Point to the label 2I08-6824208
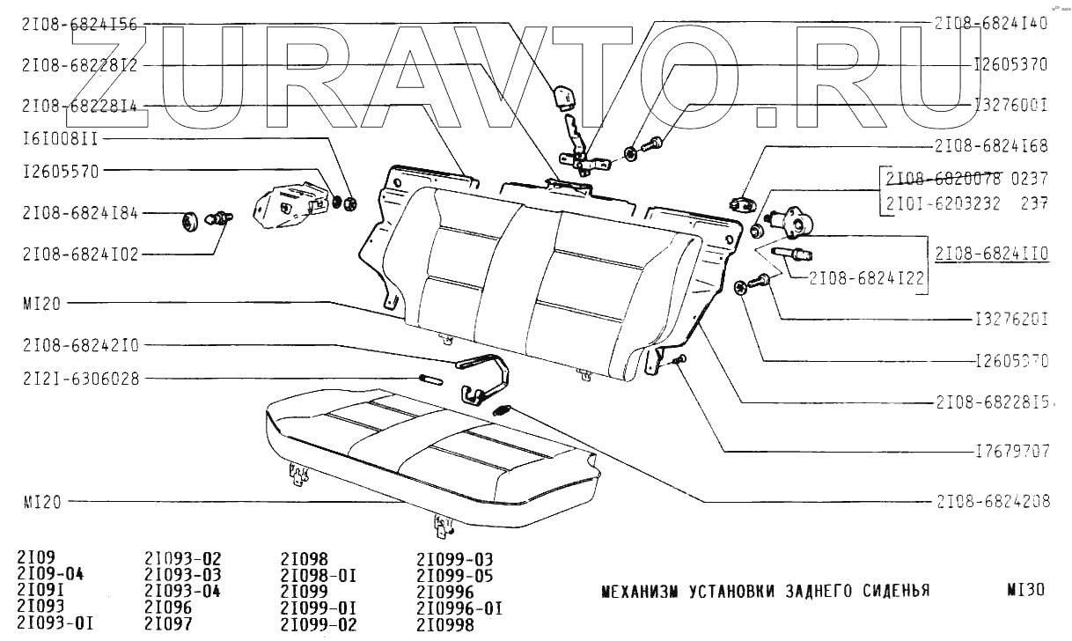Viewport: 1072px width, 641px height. pyautogui.click(x=990, y=501)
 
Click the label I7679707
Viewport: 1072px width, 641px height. pyautogui.click(x=1012, y=451)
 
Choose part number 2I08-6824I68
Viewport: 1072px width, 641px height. pyautogui.click(x=990, y=145)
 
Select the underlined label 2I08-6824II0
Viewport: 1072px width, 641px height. pyautogui.click(x=992, y=253)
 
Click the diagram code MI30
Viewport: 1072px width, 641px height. pyautogui.click(x=1024, y=590)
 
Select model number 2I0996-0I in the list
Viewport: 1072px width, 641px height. pyautogui.click(x=459, y=608)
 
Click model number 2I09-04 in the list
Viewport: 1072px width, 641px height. pyautogui.click(x=48, y=575)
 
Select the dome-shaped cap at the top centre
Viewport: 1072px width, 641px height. pyautogui.click(x=562, y=94)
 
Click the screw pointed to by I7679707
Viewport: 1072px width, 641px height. pyautogui.click(x=679, y=358)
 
